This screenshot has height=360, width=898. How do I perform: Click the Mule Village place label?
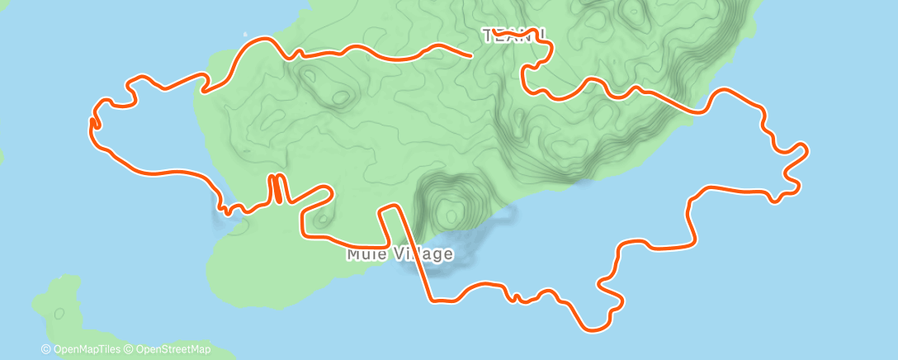[399, 253]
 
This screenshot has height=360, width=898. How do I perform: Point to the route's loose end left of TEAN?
[470, 56]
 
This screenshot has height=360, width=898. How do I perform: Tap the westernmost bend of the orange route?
[90, 122]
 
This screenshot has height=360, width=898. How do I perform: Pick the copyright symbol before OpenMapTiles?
[46, 349]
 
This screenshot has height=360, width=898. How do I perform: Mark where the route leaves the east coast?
[708, 110]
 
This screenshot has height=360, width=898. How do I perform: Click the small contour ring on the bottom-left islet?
[59, 314]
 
